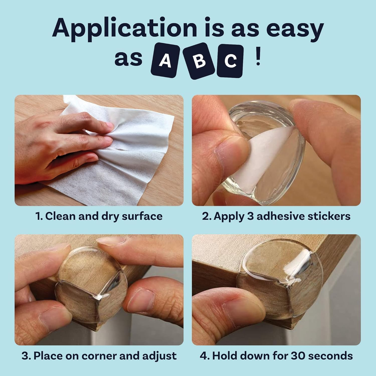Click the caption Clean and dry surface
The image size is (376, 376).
tap(99, 216)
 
